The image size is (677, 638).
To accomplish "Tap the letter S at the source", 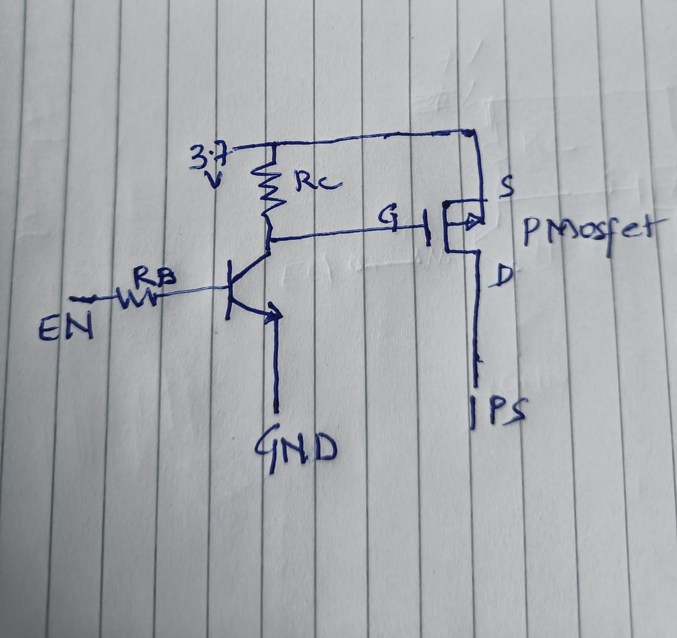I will (508, 188).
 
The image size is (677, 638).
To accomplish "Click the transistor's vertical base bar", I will (229, 289).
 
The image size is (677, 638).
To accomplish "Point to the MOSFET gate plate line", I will (427, 227).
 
